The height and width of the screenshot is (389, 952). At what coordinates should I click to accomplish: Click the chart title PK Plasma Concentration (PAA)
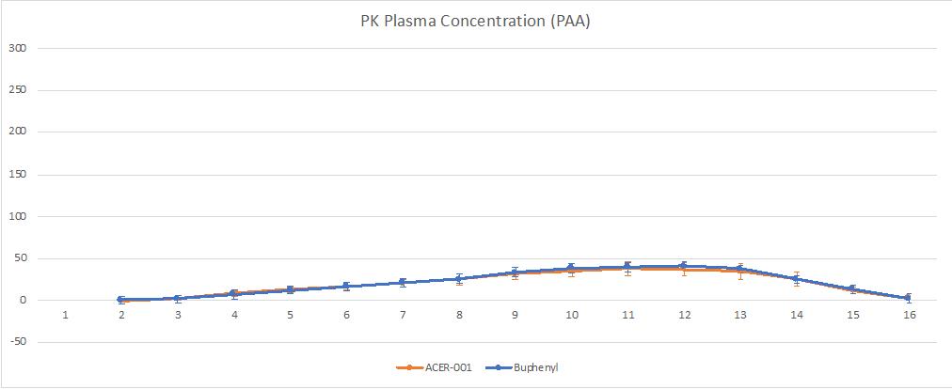tap(475, 22)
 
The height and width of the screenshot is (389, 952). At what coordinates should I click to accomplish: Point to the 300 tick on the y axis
tap(16, 48)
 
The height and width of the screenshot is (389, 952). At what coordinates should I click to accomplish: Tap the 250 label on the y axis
tap(16, 90)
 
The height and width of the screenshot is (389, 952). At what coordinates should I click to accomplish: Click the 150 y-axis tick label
tap(16, 175)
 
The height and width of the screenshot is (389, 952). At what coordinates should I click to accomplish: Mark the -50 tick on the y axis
tap(16, 343)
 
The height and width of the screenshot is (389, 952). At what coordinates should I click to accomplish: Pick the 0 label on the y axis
tap(22, 301)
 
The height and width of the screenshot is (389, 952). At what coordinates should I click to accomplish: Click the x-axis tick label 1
tap(66, 315)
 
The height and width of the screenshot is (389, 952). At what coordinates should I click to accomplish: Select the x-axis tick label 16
tap(910, 315)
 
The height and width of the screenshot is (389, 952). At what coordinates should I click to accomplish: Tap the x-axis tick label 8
tap(459, 315)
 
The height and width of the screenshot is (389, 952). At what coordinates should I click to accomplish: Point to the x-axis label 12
tap(684, 315)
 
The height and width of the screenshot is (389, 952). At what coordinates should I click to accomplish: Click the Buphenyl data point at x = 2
tap(121, 300)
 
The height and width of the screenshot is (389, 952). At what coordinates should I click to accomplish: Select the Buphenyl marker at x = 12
tap(684, 266)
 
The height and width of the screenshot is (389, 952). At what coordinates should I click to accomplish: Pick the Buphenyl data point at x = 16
tap(909, 298)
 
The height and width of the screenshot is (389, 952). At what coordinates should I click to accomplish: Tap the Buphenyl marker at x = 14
tap(797, 279)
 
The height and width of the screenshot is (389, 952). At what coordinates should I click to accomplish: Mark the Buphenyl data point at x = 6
tap(346, 287)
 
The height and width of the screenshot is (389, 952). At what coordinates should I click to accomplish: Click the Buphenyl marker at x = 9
tap(516, 272)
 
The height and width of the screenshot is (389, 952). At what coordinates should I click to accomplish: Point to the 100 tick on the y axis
tap(16, 217)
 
